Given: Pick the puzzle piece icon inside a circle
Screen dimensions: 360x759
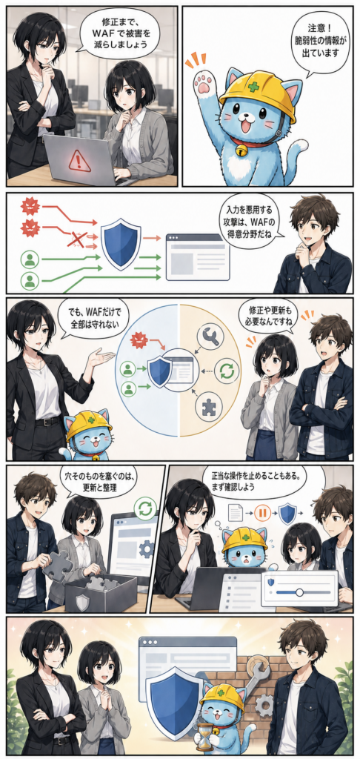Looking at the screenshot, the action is [x=208, y=404].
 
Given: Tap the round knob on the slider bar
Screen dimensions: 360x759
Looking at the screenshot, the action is [x=299, y=591].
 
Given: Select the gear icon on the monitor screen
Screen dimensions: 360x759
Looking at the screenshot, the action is [x=146, y=550].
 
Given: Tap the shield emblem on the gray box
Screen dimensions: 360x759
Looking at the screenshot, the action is [x=83, y=603].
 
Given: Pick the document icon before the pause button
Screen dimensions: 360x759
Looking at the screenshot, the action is [x=235, y=512].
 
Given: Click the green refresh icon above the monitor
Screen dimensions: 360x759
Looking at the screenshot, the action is [x=145, y=508].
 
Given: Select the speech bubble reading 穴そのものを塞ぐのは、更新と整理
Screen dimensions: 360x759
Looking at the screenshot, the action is [x=101, y=482].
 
